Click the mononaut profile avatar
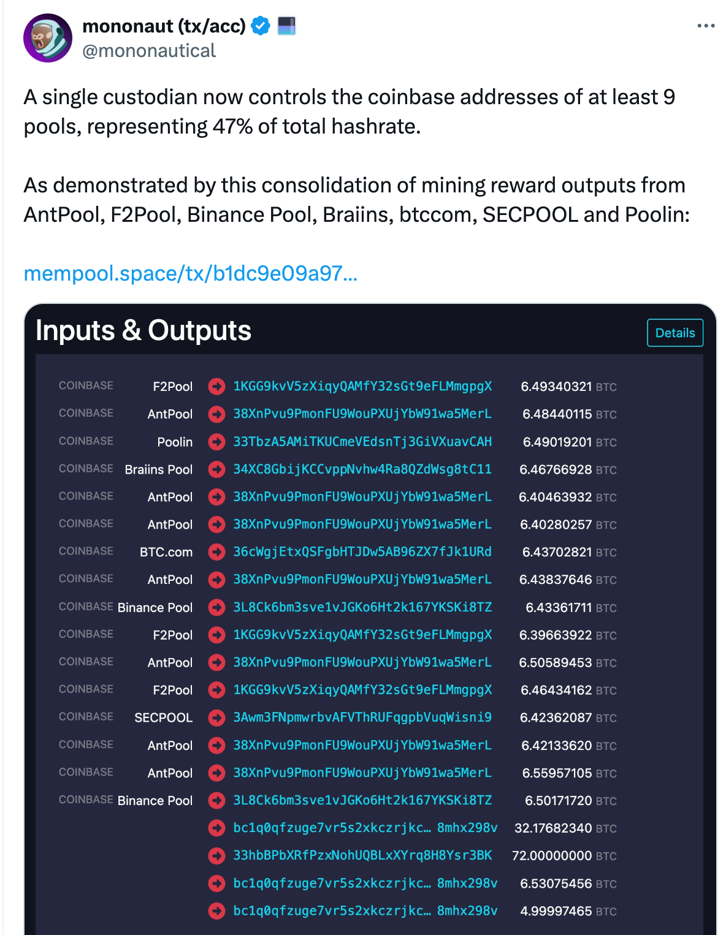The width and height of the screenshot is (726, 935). point(48,38)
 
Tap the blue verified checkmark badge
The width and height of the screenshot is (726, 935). point(261,26)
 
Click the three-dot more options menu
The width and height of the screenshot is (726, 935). point(706,26)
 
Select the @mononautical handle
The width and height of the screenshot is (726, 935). point(149,51)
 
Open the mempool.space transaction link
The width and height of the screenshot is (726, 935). point(190,273)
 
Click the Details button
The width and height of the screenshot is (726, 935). point(674,333)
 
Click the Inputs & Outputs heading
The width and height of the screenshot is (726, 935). point(143,330)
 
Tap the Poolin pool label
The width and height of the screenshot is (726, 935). point(175,442)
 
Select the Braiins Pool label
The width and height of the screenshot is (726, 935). point(159,469)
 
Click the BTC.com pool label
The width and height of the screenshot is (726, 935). point(166,552)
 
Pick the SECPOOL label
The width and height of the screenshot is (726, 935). point(163,717)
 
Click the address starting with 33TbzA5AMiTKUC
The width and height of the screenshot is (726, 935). point(362,442)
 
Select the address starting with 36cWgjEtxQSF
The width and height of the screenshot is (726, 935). point(362,552)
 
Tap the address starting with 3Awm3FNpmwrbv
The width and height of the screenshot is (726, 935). point(362,717)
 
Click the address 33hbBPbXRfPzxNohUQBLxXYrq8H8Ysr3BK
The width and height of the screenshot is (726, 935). point(362,855)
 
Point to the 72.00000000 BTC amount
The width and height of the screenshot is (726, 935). point(564,855)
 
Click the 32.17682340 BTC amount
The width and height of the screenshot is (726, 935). point(565,828)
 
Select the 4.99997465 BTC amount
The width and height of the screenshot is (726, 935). point(568,911)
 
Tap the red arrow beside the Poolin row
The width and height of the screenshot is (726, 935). point(216,442)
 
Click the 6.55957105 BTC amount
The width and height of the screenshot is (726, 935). point(568,773)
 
